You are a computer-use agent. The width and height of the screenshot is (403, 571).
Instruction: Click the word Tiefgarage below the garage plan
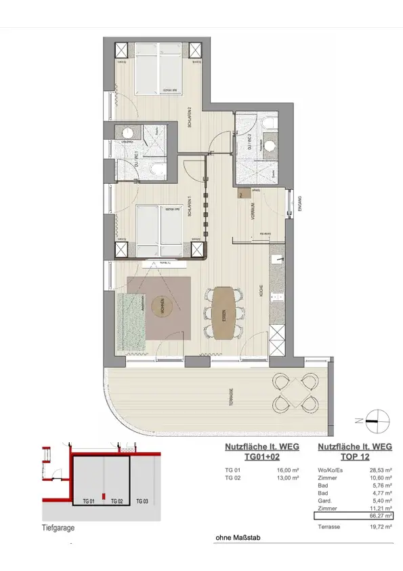tap(58, 528)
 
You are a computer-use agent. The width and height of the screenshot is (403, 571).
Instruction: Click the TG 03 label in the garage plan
tap(143, 500)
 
